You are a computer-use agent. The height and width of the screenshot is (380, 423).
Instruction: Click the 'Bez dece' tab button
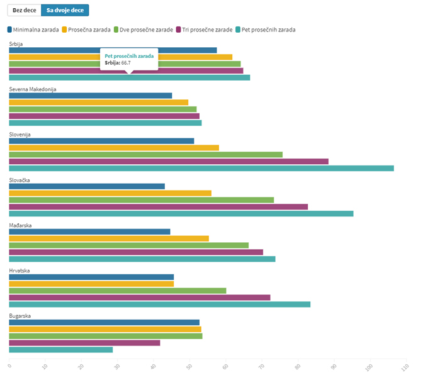coord(24,11)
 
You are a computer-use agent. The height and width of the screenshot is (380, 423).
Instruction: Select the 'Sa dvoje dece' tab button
coord(65,11)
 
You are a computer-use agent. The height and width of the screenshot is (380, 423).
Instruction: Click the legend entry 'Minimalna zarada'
coord(35,30)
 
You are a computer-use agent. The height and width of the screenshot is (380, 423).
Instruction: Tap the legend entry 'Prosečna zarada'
coord(89,30)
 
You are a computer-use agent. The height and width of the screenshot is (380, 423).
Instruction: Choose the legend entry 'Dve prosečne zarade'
coord(146,30)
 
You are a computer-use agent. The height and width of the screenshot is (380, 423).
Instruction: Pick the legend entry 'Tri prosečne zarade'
coord(205,30)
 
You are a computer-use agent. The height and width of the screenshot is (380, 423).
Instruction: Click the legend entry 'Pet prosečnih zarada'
coord(268,30)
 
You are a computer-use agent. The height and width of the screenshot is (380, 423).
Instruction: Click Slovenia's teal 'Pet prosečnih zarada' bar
coord(201,168)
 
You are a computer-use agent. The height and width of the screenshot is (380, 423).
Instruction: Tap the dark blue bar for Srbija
coord(113,50)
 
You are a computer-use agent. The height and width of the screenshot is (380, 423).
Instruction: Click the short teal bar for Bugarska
coord(61,350)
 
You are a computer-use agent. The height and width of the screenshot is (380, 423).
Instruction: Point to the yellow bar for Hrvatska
coord(91,284)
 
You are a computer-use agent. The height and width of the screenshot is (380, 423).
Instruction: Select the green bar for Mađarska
coord(129,245)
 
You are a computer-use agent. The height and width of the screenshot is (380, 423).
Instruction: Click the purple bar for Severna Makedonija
coord(104,116)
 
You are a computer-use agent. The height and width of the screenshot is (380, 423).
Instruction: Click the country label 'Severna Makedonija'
coord(33,89)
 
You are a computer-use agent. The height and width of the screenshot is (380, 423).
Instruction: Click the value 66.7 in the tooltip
coord(126,63)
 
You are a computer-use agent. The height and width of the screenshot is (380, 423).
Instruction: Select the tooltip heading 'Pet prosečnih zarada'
coord(129,56)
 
